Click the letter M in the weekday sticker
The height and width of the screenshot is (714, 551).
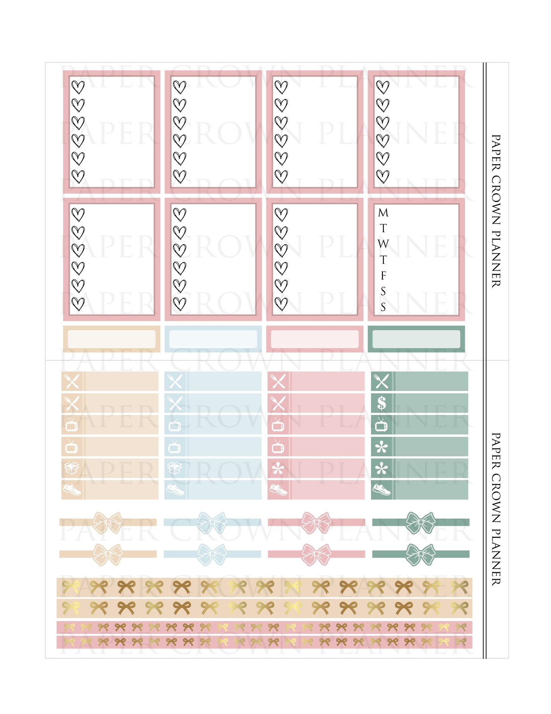383,213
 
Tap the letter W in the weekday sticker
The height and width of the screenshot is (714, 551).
383,244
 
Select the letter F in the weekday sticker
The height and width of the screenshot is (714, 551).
383,275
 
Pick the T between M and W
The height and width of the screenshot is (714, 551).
383,228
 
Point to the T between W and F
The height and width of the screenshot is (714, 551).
383,260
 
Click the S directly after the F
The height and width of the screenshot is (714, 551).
383,291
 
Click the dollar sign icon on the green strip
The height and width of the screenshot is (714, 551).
382,403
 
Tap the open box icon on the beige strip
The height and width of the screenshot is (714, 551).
72,468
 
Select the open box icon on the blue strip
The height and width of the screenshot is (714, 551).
175,468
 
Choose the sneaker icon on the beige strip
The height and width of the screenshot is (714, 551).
72,489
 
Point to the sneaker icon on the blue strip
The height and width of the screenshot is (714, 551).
175,489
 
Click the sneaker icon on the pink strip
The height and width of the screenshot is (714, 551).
278,489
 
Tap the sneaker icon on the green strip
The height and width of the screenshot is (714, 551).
382,489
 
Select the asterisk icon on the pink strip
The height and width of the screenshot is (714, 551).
278,468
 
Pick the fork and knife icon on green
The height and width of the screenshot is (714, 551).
382,381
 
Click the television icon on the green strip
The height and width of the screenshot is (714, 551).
382,425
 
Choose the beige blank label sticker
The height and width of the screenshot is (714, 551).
111,339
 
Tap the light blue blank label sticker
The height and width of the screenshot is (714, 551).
213,339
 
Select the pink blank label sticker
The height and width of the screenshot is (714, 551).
315,339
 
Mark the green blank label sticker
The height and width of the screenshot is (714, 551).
416,339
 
